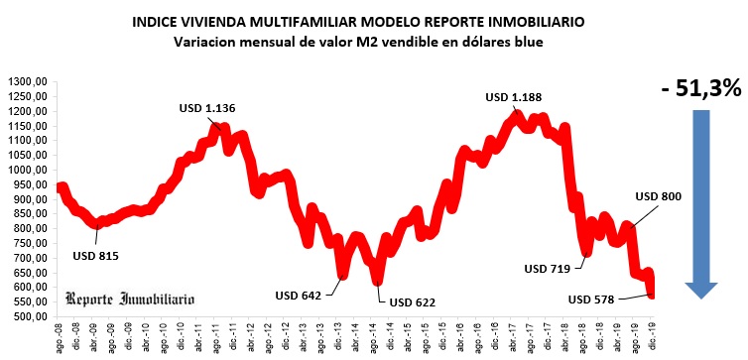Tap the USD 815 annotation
95,256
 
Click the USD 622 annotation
413,301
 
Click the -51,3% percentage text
701,87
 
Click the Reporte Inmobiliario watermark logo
130,299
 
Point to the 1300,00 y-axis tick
29,81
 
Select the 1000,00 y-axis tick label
29,170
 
